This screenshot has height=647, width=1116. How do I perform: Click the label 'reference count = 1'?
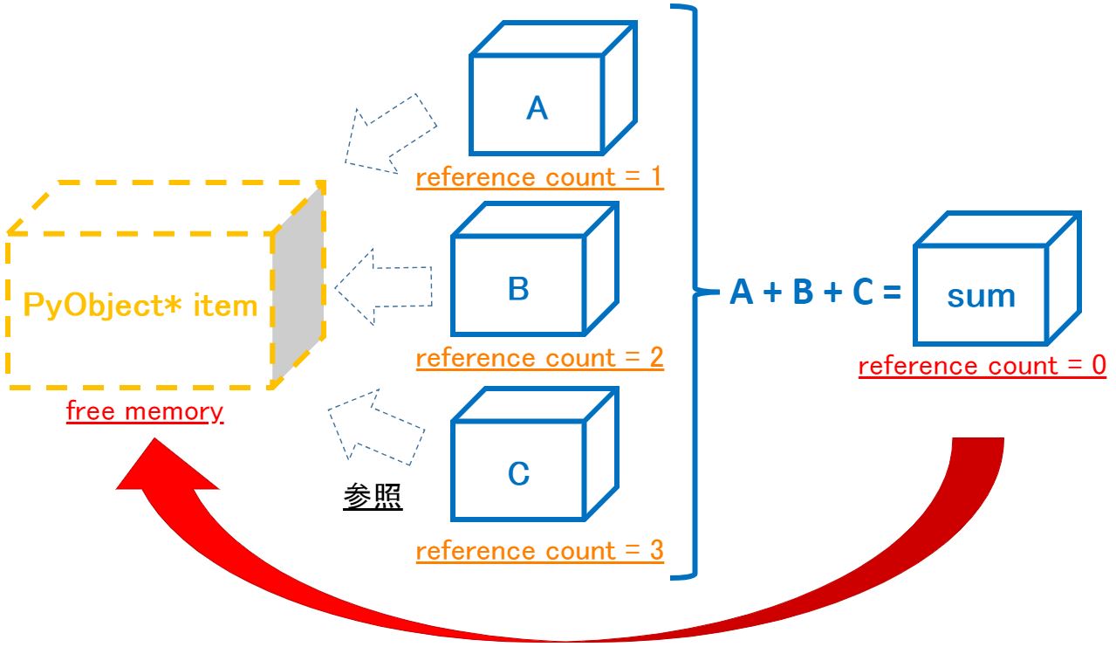[539, 177]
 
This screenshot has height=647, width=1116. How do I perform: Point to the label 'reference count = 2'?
[539, 358]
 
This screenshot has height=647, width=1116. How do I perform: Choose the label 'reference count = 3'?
[539, 551]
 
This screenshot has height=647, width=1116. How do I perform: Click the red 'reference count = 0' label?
[982, 367]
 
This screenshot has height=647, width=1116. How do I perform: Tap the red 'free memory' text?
[145, 411]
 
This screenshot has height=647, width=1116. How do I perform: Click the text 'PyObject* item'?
[140, 306]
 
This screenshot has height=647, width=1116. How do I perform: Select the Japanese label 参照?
[373, 496]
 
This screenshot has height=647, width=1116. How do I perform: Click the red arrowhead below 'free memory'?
[161, 471]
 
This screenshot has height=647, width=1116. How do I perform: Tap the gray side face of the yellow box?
[298, 288]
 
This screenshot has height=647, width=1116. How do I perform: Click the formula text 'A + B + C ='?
[814, 293]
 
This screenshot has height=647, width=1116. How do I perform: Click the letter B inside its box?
[518, 289]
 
